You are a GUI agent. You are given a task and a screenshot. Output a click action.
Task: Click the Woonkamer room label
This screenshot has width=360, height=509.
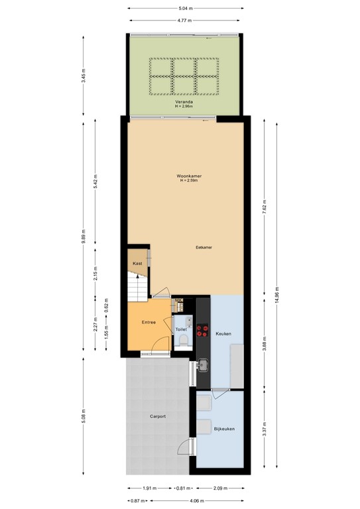(189, 176)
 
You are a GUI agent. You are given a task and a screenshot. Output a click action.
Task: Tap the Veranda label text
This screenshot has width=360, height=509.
(184, 101)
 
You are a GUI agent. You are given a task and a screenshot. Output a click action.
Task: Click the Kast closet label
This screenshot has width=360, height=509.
(137, 263)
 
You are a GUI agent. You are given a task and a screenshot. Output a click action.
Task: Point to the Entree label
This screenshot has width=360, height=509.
(149, 322)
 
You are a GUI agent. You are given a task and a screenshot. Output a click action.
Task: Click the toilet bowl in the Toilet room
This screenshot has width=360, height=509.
(184, 341)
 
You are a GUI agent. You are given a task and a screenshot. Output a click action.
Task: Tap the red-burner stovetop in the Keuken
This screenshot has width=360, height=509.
(202, 331)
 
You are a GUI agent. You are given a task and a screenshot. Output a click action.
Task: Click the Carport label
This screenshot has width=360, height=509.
(157, 416)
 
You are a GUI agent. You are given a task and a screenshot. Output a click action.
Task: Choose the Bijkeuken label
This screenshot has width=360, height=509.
(225, 429)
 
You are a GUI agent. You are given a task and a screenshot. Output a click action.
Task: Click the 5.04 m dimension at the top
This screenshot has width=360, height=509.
(185, 9)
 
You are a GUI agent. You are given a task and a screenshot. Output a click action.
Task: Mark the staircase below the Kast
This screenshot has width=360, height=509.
(137, 286)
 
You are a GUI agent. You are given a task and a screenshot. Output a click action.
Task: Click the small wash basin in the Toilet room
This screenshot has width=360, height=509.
(188, 322)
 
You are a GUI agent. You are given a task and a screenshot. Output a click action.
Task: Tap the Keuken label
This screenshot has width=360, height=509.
(223, 333)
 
